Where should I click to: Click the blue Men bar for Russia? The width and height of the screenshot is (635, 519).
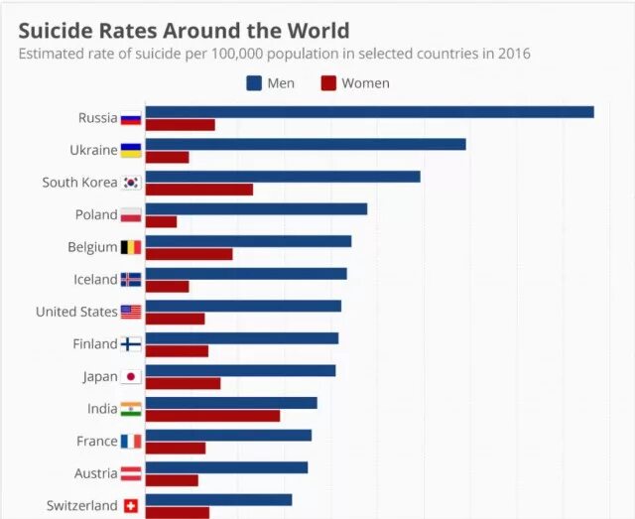(x=369, y=112)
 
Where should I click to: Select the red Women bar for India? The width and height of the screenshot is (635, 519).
(x=212, y=416)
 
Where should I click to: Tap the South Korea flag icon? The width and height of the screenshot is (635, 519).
(x=131, y=183)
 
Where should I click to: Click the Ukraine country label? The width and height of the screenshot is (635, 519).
(x=93, y=150)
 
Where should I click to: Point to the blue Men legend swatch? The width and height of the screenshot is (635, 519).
(x=254, y=83)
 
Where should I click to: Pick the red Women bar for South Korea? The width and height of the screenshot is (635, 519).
(x=198, y=190)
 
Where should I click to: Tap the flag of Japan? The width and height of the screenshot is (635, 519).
(x=131, y=377)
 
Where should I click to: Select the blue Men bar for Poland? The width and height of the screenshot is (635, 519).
(x=256, y=208)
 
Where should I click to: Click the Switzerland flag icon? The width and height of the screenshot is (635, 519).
(x=131, y=506)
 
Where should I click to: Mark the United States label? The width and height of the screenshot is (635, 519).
(x=76, y=312)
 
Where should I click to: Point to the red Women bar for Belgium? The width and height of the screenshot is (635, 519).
(x=189, y=254)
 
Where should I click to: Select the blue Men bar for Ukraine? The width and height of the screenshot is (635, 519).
(x=306, y=144)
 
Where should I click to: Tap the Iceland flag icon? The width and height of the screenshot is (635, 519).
(x=131, y=280)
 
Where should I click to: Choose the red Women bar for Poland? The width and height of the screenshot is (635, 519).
(x=161, y=221)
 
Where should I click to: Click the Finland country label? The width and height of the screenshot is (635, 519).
(x=95, y=344)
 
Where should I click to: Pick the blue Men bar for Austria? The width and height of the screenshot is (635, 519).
(x=226, y=467)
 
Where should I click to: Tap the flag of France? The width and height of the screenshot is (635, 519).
(x=131, y=442)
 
